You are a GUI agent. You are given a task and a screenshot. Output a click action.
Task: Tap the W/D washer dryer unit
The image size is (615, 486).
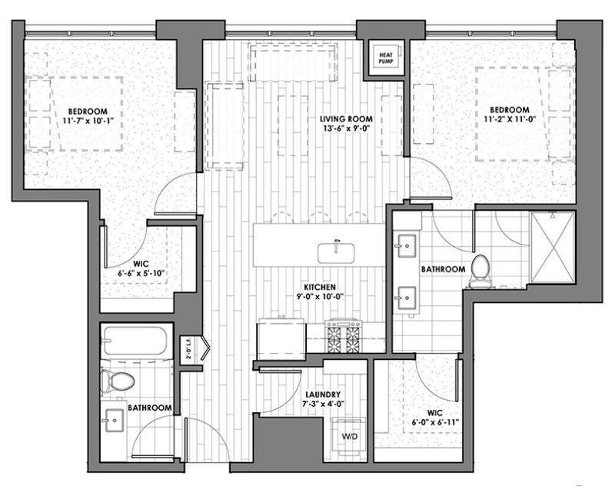click(349, 436)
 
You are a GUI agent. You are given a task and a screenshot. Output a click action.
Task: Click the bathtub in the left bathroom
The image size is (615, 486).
click(136, 341)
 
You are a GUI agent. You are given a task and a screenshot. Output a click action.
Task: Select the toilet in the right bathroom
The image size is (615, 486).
click(480, 271)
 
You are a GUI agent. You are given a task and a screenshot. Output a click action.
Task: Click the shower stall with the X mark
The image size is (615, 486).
click(552, 248)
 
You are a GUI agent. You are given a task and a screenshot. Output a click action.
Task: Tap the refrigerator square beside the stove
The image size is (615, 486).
click(280, 336)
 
